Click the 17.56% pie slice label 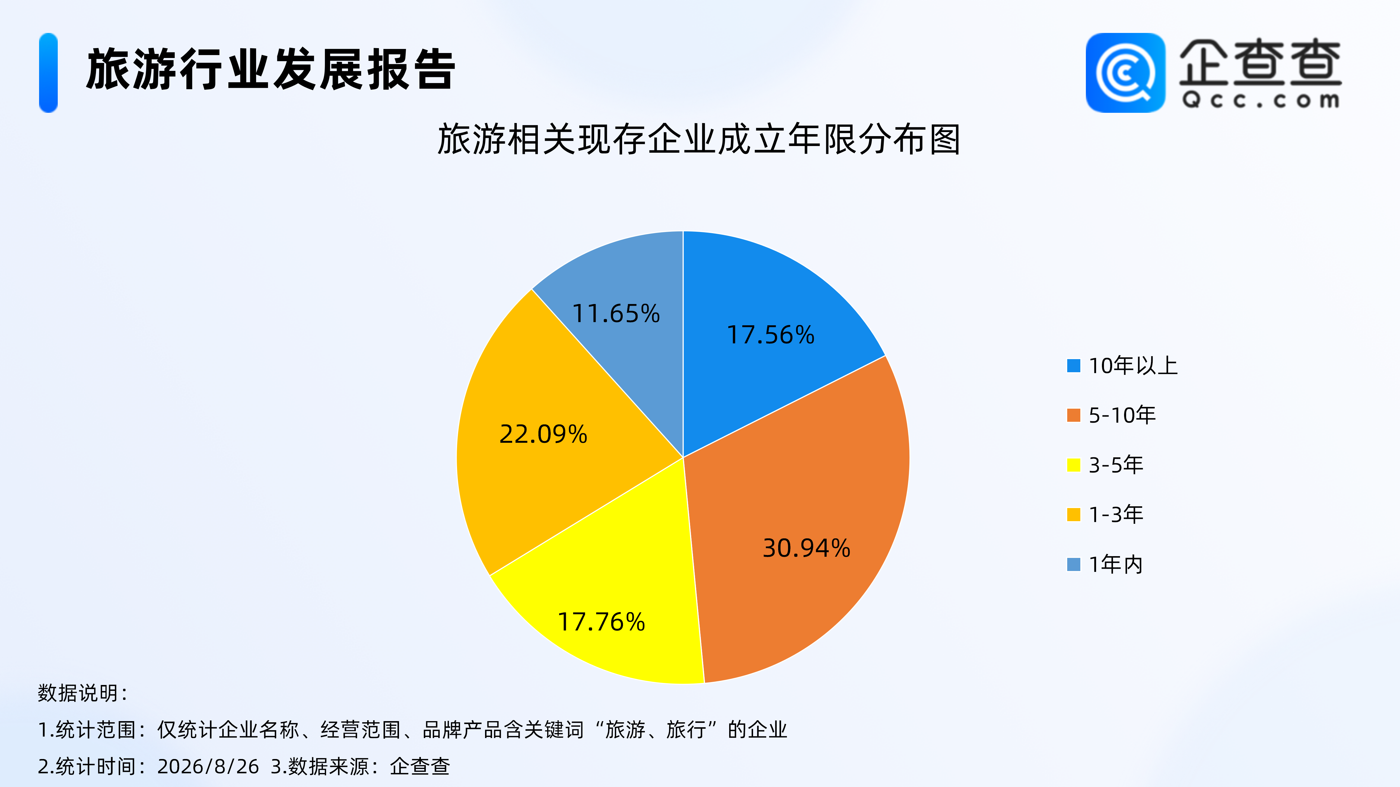click(771, 335)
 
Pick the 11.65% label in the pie click(616, 313)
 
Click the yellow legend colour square click(1073, 465)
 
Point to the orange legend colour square click(1073, 415)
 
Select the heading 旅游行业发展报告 click(271, 70)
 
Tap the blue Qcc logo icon click(1126, 73)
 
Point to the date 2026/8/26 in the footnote click(208, 766)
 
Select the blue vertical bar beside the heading click(48, 73)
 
